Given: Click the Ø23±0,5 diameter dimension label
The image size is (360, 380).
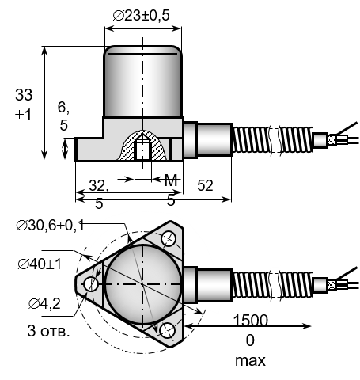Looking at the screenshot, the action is coord(141,16).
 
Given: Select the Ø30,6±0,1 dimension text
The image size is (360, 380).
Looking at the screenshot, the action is coord(50,226).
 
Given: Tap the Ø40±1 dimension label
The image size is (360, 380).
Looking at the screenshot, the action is coord(40,264).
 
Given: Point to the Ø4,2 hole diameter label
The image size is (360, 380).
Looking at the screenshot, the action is coord(44,304).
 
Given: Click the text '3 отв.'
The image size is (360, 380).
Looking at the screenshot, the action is coord(48,330).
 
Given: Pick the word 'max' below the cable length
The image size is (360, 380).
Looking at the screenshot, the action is coord(250,360).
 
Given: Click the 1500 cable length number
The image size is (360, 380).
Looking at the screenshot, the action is coord(251,320).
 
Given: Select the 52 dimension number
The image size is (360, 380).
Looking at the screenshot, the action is coord(205,185).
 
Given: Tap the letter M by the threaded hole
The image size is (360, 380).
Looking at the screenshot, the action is coord(171,180).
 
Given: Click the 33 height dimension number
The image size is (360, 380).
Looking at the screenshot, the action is coord(24,95).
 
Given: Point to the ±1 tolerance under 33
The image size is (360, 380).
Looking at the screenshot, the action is coord(23,115).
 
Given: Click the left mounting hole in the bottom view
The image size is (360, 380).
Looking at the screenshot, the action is coord(91,284).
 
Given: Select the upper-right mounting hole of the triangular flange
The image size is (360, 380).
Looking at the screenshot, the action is coord(169,238).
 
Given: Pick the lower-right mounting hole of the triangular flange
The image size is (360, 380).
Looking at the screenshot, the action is coord(168,331).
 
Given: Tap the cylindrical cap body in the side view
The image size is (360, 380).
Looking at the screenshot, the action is coord(142,82).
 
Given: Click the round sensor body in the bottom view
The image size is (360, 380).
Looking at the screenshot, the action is coord(142,284).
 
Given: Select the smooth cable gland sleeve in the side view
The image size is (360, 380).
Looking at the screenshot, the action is coord(214,140).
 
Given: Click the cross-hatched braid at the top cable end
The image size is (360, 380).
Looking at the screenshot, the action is coord(332,140).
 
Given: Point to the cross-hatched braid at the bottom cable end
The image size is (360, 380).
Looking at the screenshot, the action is coord(332,284).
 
